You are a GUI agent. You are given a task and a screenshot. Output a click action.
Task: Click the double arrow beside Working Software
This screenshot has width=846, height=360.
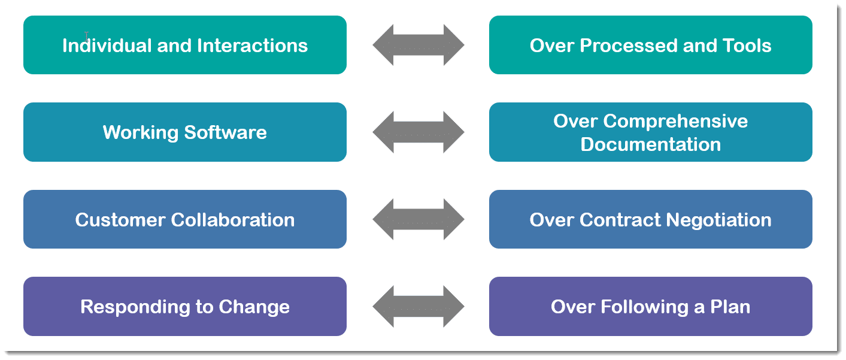coord(418,132)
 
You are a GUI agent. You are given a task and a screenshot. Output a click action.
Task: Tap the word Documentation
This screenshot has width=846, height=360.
coord(650,144)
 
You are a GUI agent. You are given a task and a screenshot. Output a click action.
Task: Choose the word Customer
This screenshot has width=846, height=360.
coord(120,220)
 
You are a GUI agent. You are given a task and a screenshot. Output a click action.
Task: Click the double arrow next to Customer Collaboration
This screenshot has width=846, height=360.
coord(418,220)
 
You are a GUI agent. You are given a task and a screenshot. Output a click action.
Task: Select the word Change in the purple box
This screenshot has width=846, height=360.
coord(254,307)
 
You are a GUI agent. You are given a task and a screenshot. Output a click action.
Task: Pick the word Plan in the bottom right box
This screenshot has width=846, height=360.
coord(730,307)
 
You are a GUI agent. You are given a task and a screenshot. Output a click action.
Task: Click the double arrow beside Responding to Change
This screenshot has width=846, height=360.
coord(418,307)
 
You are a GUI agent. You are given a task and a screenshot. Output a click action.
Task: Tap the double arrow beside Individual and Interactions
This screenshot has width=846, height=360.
coord(418,45)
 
